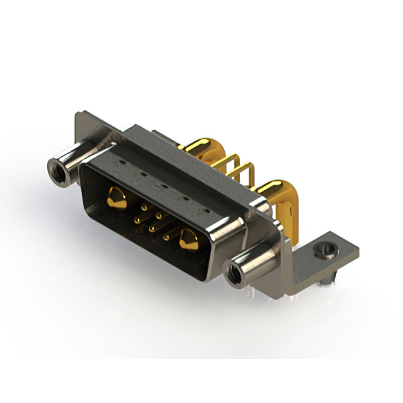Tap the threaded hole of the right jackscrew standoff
[232, 273]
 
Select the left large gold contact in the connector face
[115, 198]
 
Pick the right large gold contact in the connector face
[188, 240]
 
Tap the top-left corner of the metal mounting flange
[77, 115]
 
